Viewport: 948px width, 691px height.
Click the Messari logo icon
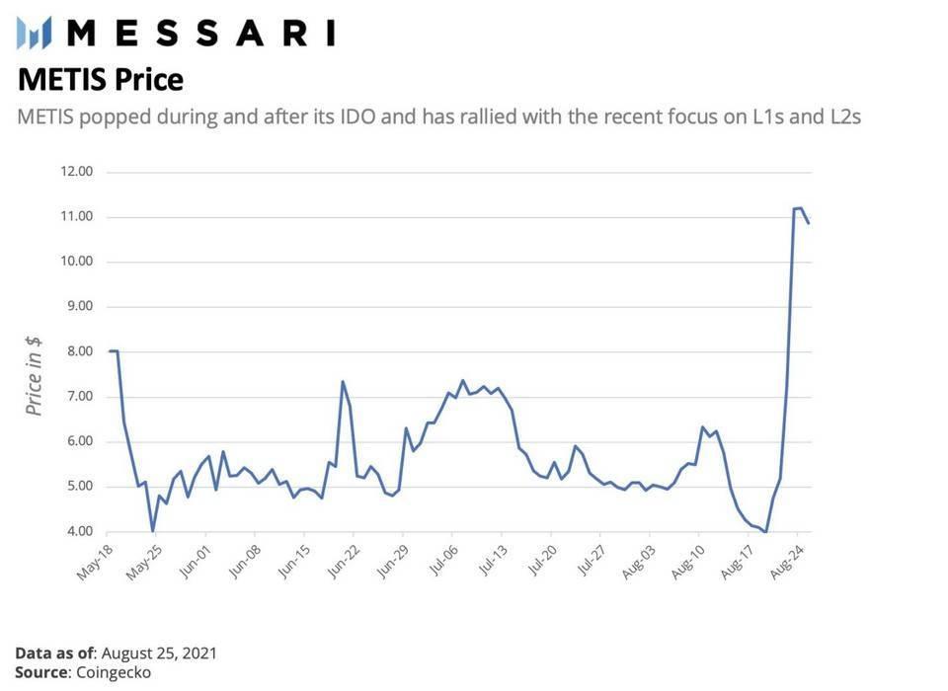(34, 33)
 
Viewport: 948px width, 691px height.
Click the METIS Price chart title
(101, 79)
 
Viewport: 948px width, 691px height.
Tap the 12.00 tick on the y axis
(77, 172)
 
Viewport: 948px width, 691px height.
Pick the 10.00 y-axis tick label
(77, 262)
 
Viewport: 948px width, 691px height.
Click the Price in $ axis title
(35, 375)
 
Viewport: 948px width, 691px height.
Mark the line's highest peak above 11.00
(799, 208)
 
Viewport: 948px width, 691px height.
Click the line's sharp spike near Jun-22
(343, 382)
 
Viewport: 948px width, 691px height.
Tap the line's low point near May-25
(152, 531)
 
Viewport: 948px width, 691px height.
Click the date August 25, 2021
(159, 653)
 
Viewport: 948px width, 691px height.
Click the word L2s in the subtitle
(843, 116)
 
